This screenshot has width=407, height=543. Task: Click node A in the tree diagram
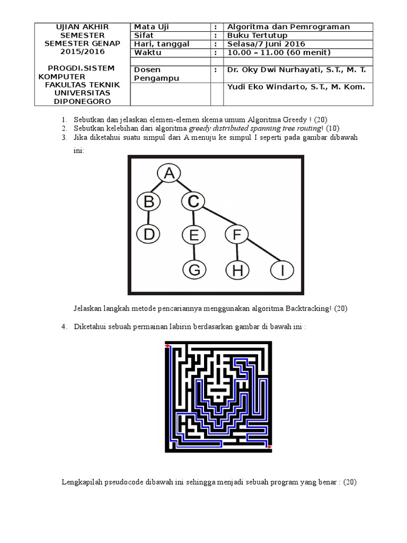pyautogui.click(x=169, y=173)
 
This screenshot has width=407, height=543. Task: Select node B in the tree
pyautogui.click(x=148, y=202)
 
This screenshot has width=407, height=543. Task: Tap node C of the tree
pyautogui.click(x=193, y=202)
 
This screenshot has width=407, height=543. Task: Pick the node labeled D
pyautogui.click(x=148, y=234)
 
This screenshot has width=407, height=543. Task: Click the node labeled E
pyautogui.click(x=193, y=234)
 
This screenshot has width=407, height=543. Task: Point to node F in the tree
pyautogui.click(x=237, y=234)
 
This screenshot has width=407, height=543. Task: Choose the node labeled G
pyautogui.click(x=194, y=270)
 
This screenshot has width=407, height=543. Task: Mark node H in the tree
pyautogui.click(x=237, y=270)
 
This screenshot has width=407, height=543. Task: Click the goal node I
pyautogui.click(x=282, y=270)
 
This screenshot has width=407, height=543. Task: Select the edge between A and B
pyautogui.click(x=158, y=188)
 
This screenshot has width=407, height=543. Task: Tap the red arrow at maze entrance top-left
pyautogui.click(x=168, y=346)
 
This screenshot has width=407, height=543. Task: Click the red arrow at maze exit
pyautogui.click(x=269, y=448)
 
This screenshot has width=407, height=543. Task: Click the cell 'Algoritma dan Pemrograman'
pyautogui.click(x=288, y=27)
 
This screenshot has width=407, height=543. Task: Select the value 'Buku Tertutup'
pyautogui.click(x=253, y=36)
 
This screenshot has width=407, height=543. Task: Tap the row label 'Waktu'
pyautogui.click(x=147, y=52)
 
